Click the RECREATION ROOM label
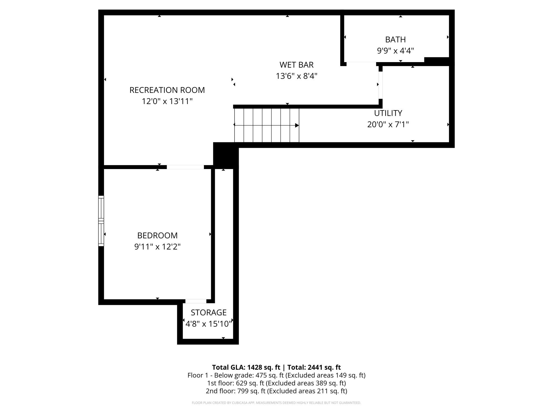(x=167, y=90)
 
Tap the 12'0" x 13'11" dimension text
(x=167, y=101)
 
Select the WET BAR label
(x=296, y=65)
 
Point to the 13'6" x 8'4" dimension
(x=296, y=76)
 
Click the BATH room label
(x=395, y=40)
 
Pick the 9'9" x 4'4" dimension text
(x=395, y=51)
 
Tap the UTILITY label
(x=388, y=113)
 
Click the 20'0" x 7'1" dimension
(x=388, y=124)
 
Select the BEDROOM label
(x=157, y=235)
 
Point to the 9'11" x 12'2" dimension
(x=157, y=247)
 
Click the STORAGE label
(x=208, y=313)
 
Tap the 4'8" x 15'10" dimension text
(x=208, y=324)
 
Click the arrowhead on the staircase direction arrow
(x=297, y=125)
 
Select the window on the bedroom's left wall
(x=101, y=221)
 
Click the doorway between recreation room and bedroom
(x=185, y=167)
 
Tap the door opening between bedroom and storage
(x=196, y=301)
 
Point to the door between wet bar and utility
(x=380, y=85)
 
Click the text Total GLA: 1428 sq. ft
(x=246, y=367)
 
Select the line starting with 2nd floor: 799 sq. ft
(x=276, y=391)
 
